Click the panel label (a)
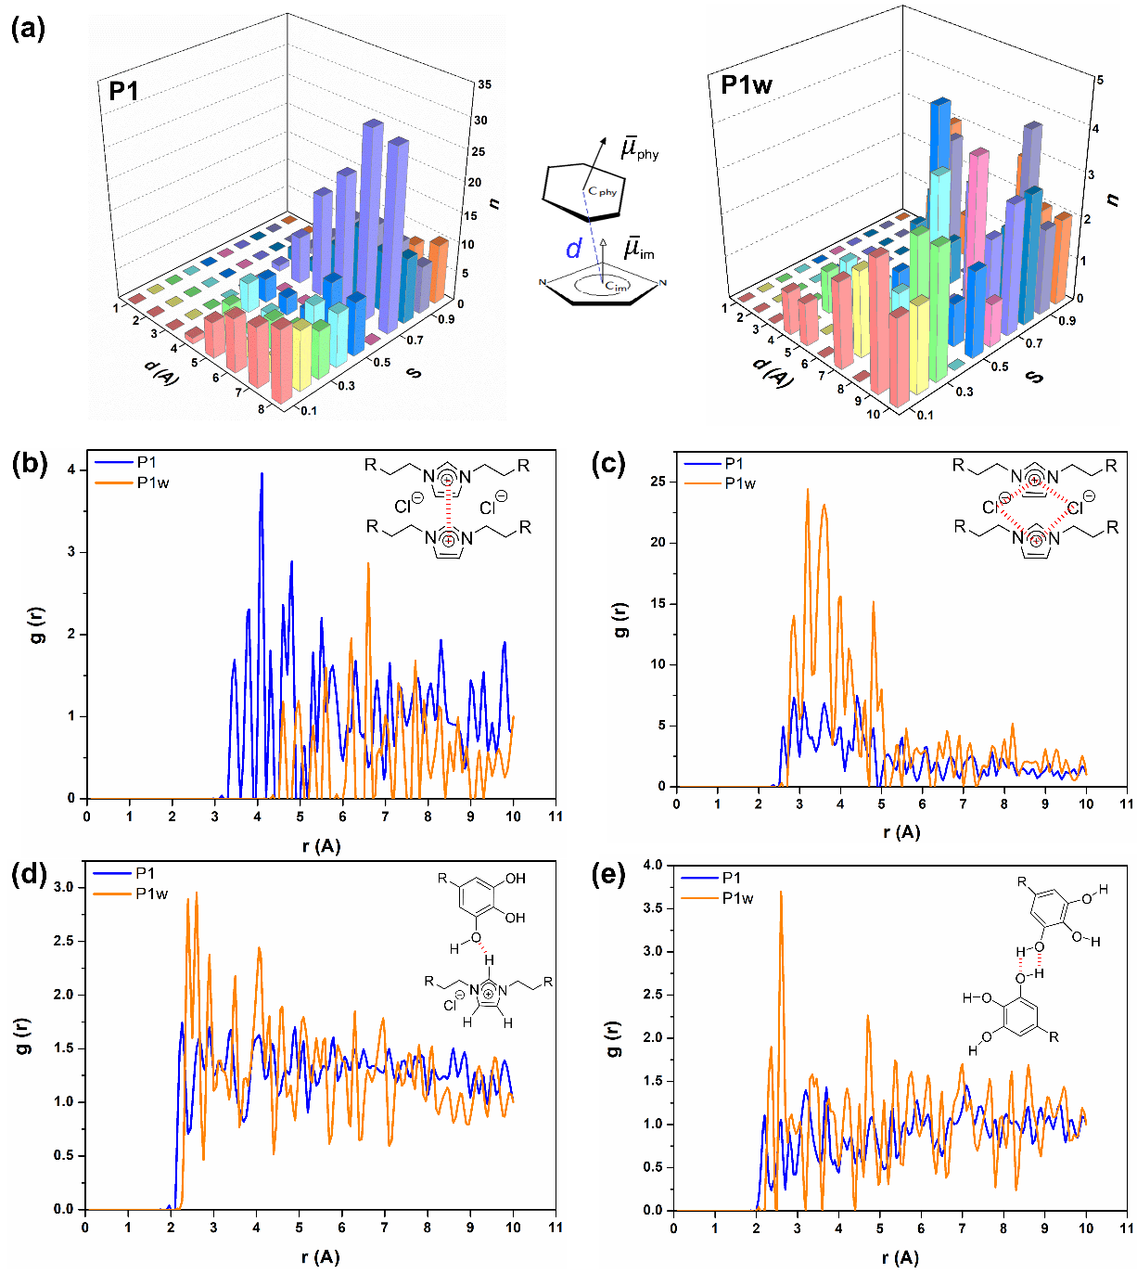pos(28,29)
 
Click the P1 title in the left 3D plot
pos(123,91)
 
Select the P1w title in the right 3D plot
pos(747,85)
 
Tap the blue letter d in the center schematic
pos(574,249)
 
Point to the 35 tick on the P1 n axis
pos(484,84)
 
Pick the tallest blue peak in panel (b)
pos(262,474)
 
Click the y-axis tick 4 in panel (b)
pos(71,470)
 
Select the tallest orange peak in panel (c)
pos(808,490)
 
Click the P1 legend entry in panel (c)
pos(734,464)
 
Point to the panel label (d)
pos(28,874)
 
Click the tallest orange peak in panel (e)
pos(781,892)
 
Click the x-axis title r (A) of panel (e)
pos(901,1257)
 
